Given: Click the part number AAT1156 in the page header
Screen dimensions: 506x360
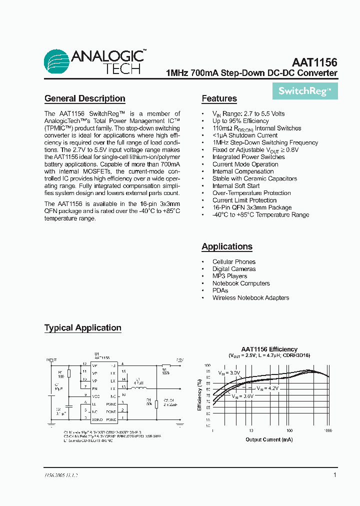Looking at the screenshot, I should click(314, 62).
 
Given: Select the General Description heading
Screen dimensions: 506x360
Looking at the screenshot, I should click(84, 98).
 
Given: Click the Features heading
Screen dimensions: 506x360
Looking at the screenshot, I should click(219, 98).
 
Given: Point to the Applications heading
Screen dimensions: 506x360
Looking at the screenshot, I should click(226, 246).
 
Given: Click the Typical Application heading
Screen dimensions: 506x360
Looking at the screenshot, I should click(82, 328).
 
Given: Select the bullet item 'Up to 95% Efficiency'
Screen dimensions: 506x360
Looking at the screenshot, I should click(240, 121).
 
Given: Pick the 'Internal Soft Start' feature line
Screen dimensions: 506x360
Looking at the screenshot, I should click(235, 185).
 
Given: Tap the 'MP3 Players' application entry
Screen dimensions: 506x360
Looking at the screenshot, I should click(229, 276).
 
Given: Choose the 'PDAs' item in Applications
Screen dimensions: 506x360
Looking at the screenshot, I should click(220, 290).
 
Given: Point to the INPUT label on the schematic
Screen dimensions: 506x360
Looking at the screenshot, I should click(51, 359).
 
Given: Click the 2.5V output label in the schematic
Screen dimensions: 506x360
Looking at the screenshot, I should click(179, 359).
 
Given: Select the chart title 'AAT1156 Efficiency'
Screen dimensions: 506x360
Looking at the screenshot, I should click(269, 349).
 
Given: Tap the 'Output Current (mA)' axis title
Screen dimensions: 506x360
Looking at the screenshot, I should click(269, 439).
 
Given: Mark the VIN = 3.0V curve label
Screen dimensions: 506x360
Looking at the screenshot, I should click(228, 373).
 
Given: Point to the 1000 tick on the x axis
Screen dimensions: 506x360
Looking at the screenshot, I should click(327, 430).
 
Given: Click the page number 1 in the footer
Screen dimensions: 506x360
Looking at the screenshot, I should click(334, 475).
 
